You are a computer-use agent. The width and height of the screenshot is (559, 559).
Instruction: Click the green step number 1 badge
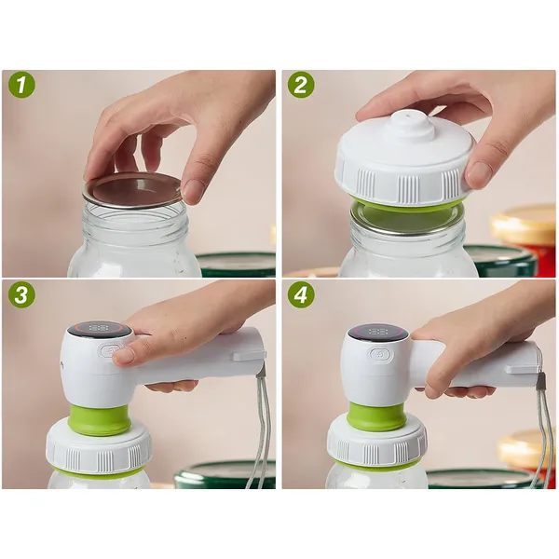pyautogui.click(x=21, y=86)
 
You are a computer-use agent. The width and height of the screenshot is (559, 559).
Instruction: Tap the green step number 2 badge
pyautogui.click(x=301, y=86)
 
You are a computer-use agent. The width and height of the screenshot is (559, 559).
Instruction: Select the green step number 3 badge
pyautogui.click(x=21, y=295)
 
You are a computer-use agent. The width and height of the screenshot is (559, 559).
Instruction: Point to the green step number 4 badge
pyautogui.click(x=301, y=295)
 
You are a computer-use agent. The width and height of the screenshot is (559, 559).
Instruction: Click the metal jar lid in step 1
pyautogui.click(x=132, y=191)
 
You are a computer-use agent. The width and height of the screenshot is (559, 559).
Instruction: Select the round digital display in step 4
pyautogui.click(x=378, y=333)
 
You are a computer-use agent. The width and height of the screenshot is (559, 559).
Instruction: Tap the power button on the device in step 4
pyautogui.click(x=381, y=355)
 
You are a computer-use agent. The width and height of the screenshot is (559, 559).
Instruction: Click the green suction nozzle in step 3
pyautogui.click(x=100, y=420)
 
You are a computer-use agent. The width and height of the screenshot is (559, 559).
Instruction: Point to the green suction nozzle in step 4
pyautogui.click(x=378, y=416)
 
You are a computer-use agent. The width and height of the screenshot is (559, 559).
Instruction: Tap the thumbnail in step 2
pyautogui.click(x=479, y=172)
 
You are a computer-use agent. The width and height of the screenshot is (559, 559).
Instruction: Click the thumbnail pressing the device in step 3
pyautogui.click(x=124, y=355)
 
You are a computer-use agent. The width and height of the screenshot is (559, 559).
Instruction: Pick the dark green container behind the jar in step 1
pyautogui.click(x=236, y=265)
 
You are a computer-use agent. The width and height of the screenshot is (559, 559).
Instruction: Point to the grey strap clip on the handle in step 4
pyautogui.click(x=542, y=380)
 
